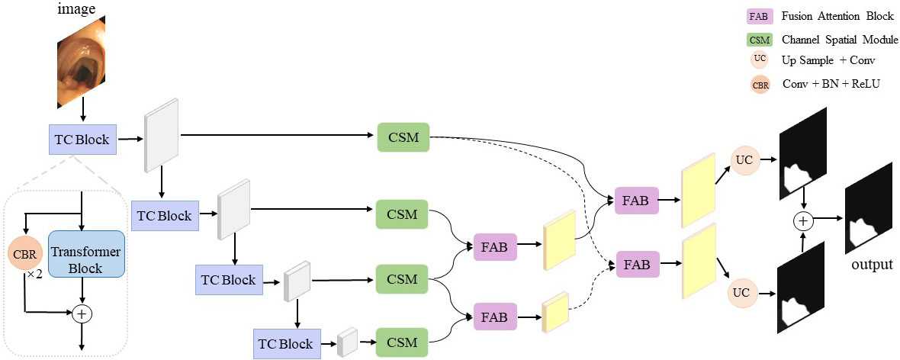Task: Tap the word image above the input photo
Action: (77, 10)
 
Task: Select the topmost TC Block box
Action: (82, 140)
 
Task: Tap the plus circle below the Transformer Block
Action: (81, 313)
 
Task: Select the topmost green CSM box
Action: (403, 137)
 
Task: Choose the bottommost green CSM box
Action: (402, 342)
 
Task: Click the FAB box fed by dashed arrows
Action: (637, 265)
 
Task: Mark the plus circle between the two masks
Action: (802, 221)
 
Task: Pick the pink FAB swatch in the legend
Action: (758, 16)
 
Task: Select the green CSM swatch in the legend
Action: (758, 40)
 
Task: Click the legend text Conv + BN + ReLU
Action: (831, 84)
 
